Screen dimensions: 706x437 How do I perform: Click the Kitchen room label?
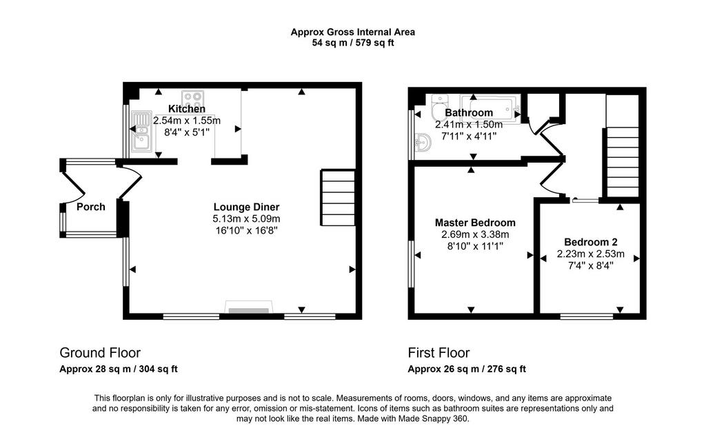(187, 109)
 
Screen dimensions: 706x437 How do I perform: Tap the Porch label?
(91, 207)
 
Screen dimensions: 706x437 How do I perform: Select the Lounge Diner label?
(246, 207)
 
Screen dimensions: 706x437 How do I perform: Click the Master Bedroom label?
(475, 223)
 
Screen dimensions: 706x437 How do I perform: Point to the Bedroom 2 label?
(591, 242)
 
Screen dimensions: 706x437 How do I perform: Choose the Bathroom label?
(469, 113)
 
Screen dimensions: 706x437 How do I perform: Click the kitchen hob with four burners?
(193, 98)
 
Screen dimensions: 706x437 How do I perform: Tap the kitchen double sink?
(141, 130)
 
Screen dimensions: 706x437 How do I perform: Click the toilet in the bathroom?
(438, 107)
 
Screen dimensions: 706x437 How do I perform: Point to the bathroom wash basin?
(423, 143)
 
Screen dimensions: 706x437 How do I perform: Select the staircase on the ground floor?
(338, 198)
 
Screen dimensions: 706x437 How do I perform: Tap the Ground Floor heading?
(100, 353)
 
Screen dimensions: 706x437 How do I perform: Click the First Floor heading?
(439, 353)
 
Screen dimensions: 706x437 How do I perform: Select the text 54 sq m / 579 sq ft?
(353, 43)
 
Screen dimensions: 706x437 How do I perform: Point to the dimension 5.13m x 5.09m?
(246, 219)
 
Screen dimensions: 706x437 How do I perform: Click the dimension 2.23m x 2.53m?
(591, 254)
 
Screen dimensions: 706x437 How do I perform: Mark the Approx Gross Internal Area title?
(353, 32)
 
